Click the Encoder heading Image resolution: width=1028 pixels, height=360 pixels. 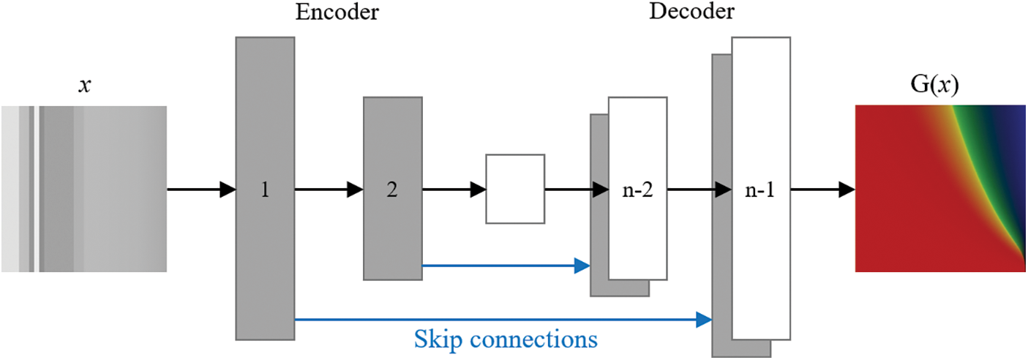(337, 12)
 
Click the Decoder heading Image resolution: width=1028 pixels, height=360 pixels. (691, 11)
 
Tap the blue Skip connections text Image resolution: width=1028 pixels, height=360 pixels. (506, 340)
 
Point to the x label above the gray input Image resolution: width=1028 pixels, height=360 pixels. (84, 86)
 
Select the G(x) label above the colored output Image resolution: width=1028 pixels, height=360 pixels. (934, 84)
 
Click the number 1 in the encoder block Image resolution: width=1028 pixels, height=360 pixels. (265, 190)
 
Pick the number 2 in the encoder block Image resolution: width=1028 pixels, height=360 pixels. (392, 190)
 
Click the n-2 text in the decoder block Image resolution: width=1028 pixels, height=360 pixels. (637, 190)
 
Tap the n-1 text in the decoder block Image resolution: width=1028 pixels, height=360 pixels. (760, 190)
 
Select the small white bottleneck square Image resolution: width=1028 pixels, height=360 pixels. (515, 190)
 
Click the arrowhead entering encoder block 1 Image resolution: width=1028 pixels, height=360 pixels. (228, 190)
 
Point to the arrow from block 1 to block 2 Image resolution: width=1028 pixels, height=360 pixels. (329, 190)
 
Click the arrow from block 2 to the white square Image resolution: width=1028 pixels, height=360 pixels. (454, 190)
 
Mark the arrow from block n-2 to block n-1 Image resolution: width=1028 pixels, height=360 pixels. (699, 190)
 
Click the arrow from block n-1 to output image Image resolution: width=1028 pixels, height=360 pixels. (823, 190)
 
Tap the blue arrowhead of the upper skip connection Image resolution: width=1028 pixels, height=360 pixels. (582, 266)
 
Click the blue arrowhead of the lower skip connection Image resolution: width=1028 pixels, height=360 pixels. (704, 320)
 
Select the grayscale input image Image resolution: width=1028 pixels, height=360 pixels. (84, 190)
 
